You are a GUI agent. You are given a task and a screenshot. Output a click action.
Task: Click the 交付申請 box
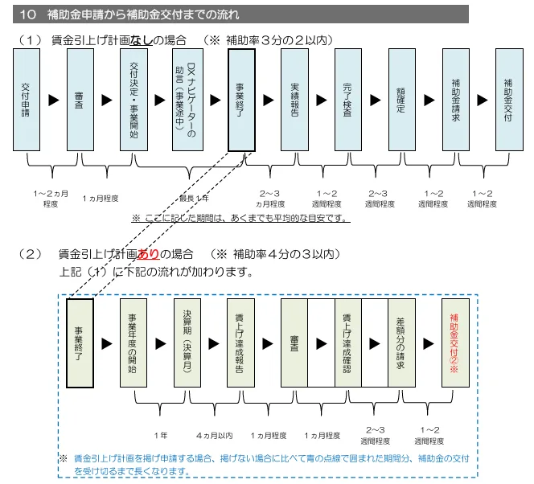pos(27,100)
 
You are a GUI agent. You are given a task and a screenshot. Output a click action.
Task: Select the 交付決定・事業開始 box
pos(133,100)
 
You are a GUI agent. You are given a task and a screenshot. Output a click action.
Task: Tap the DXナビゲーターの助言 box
pos(187,100)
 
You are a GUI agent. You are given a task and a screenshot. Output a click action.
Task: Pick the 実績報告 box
pos(294,100)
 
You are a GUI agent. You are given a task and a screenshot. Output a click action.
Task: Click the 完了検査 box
pos(348,100)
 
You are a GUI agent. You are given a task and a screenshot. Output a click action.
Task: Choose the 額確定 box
pos(402,100)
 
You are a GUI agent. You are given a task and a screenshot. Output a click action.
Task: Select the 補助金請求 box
pos(456,100)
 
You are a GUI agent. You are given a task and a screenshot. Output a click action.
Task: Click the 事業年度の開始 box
pos(133,342)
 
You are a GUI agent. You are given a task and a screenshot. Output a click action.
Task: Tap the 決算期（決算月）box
pos(187,342)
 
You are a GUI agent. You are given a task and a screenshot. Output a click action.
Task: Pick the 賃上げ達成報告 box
pos(240,342)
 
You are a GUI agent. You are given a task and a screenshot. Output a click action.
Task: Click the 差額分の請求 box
pos(401,342)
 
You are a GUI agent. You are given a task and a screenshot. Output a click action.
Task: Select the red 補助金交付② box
pos(455,342)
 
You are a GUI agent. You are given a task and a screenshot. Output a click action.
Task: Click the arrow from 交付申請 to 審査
pos(54,100)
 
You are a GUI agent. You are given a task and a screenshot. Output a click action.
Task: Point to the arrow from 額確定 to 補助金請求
pos(429,100)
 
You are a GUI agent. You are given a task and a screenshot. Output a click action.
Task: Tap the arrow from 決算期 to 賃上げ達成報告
pos(214,343)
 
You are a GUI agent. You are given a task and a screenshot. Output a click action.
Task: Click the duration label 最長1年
pos(194,199)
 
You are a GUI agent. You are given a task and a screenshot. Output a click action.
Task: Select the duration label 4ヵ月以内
pos(214,435)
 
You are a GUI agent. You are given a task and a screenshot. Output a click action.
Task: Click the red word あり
pos(148,254)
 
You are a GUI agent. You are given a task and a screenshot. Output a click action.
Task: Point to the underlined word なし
pos(141,40)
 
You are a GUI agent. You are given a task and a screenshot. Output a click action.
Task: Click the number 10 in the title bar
pos(27,14)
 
